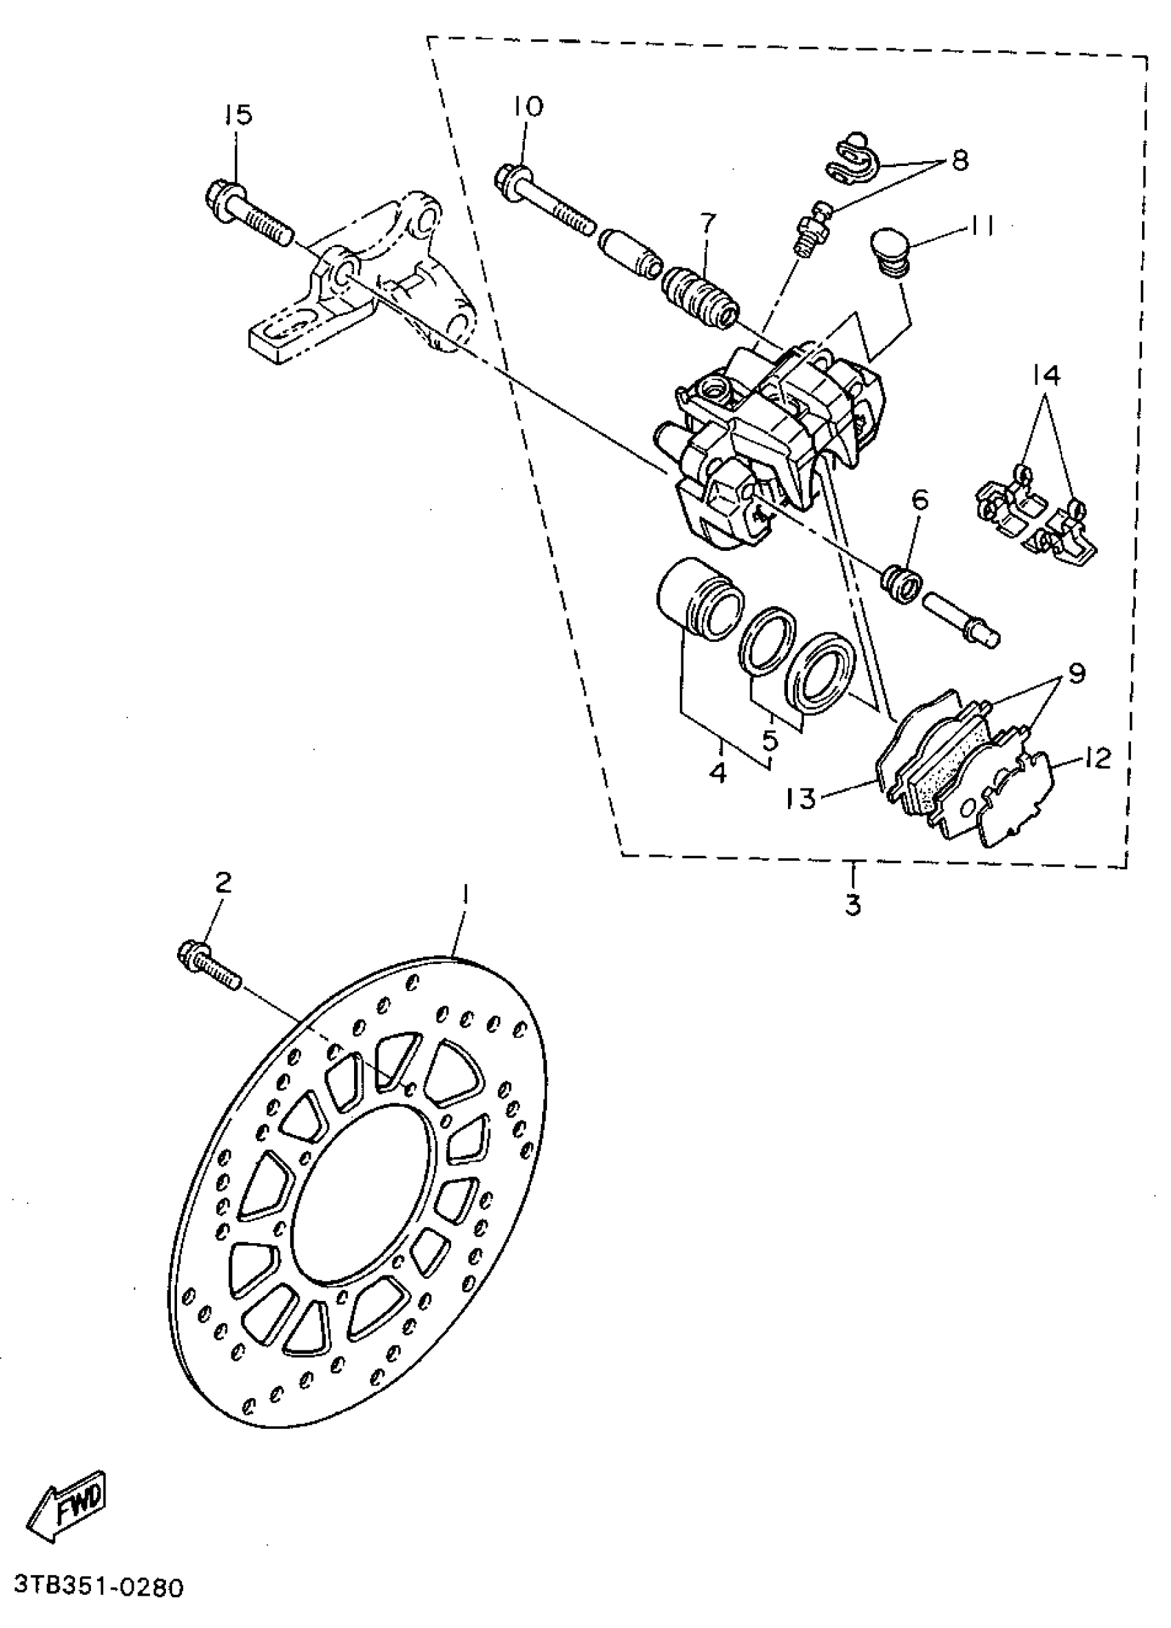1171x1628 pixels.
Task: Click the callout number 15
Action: point(239,114)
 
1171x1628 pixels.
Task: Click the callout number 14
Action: point(1047,374)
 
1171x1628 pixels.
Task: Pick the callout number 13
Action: point(801,798)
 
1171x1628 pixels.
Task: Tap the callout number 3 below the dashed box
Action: point(852,905)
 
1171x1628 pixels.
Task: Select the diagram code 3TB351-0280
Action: point(99,1587)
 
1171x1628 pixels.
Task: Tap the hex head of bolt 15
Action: point(225,194)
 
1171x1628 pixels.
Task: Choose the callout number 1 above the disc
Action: point(464,895)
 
